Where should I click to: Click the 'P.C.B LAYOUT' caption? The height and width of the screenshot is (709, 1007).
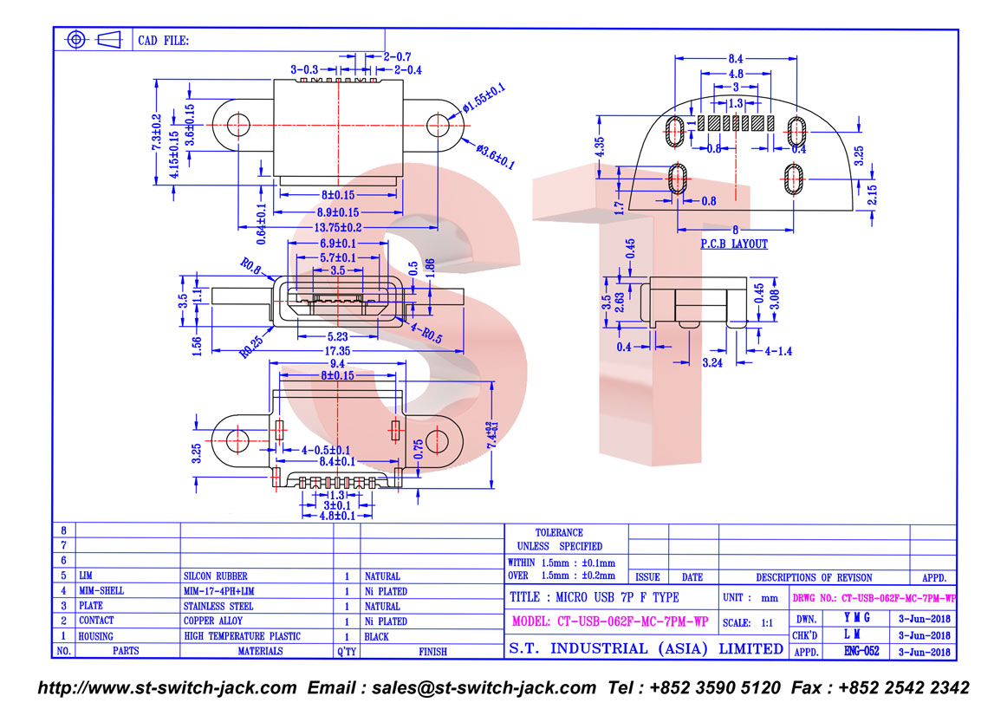[x=733, y=244]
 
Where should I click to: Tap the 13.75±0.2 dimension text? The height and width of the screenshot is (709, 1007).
[x=338, y=227]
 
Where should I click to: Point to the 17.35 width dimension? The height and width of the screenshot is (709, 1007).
[x=337, y=351]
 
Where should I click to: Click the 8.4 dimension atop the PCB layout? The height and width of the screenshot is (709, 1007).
[x=736, y=58]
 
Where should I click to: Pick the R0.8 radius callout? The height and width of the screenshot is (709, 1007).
[x=250, y=266]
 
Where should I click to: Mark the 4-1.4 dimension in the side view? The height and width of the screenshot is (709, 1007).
[x=777, y=351]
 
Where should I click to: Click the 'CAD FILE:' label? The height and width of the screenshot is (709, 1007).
[x=164, y=41]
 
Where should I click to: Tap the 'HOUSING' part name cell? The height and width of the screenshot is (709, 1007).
[x=95, y=636]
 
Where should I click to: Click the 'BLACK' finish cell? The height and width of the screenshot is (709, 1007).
[x=376, y=637]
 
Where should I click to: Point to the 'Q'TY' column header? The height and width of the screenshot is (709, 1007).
[x=346, y=651]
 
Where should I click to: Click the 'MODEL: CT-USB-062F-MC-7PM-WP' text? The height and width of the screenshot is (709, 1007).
[x=610, y=621]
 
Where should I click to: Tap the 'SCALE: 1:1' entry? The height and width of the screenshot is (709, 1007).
[x=748, y=623]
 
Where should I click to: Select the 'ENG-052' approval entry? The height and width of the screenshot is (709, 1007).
[x=861, y=651]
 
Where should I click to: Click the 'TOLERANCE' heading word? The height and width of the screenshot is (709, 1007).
[x=559, y=532]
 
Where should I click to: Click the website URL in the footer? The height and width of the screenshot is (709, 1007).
[x=167, y=688]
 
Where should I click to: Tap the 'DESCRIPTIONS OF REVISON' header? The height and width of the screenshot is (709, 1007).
[x=814, y=577]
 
